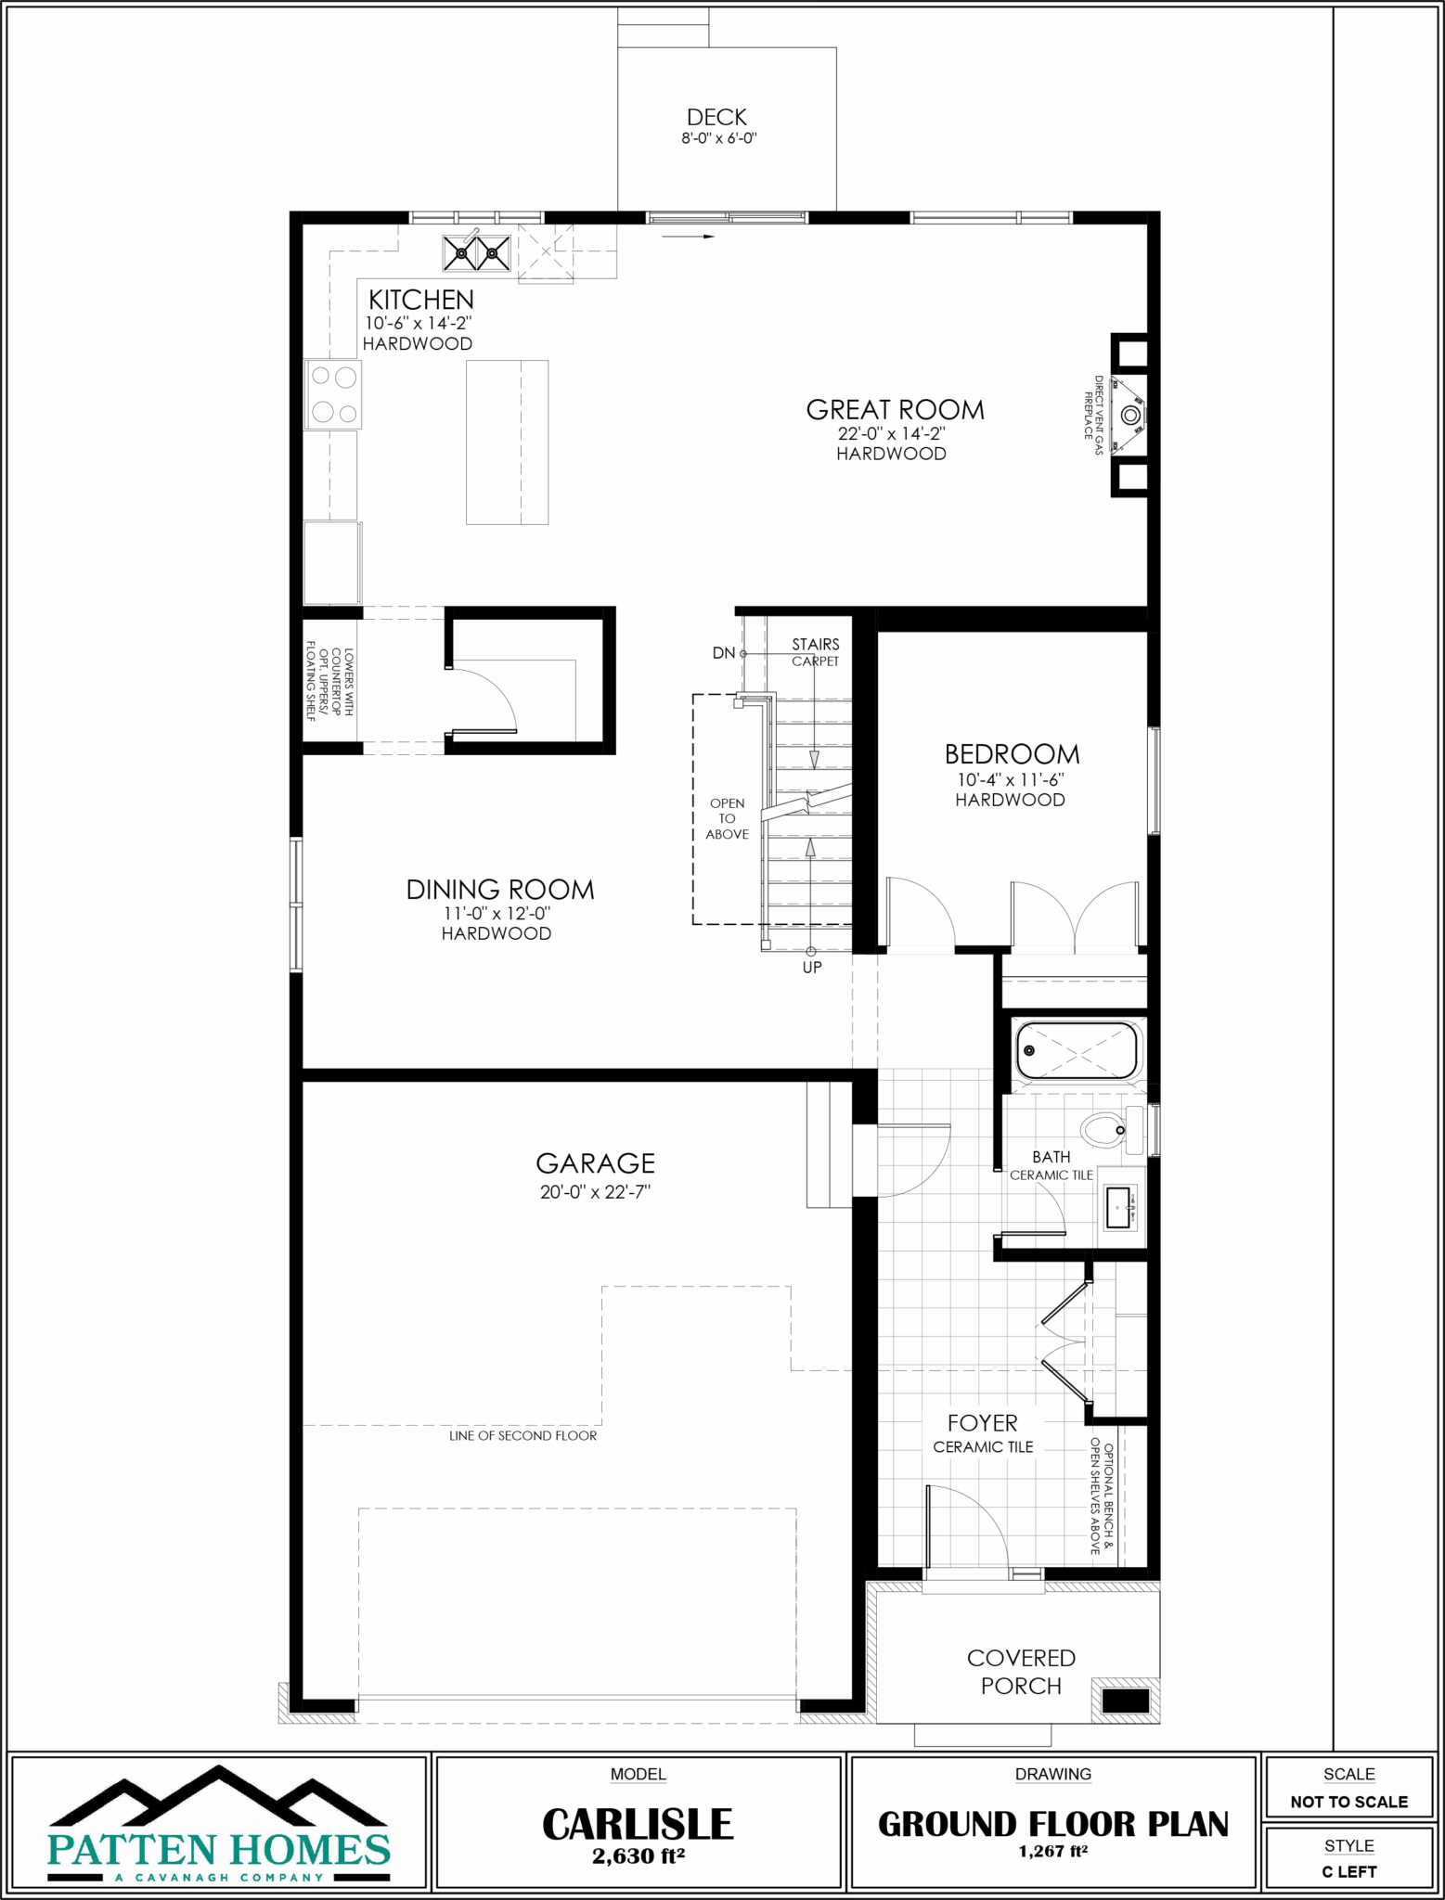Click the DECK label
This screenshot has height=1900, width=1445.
point(716,117)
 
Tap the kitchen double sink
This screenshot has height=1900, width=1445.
point(477,250)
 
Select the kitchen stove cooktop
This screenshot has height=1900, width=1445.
point(333,394)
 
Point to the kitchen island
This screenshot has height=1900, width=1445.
point(507,443)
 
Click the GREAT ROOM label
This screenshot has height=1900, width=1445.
point(895,409)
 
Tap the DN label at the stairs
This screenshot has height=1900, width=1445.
point(724,653)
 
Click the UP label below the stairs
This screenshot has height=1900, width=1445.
point(812,968)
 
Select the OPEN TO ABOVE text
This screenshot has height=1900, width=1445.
point(727,818)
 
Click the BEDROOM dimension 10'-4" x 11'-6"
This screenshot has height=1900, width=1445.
point(1011,780)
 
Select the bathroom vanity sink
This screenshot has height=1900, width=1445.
point(1122,1207)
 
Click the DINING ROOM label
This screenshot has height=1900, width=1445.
point(500,890)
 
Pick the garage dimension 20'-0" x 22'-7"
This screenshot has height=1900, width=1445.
point(595,1192)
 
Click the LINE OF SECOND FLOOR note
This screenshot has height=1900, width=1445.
point(523,1435)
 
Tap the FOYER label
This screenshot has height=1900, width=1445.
point(982,1423)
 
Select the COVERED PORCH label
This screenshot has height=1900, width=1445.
point(1021,1672)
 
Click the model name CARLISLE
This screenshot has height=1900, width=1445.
point(638,1825)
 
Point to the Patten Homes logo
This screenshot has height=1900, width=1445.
point(219,1824)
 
